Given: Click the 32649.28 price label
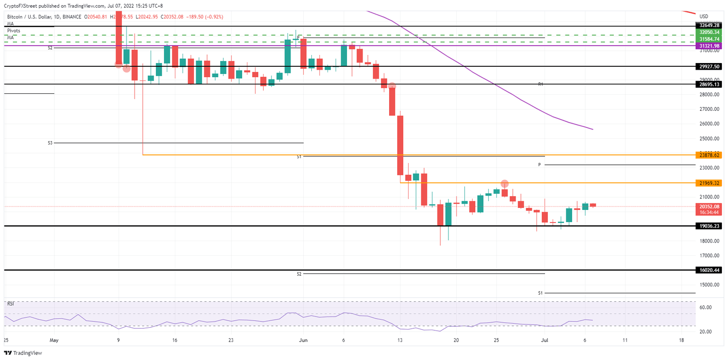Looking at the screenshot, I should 710,25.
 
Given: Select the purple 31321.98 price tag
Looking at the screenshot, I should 710,45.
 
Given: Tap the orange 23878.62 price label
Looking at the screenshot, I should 710,155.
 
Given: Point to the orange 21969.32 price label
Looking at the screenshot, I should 710,183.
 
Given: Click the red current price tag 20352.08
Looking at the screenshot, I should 710,206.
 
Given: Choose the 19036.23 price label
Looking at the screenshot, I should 710,226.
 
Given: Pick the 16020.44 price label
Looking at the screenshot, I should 710,270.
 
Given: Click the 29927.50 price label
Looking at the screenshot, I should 710,67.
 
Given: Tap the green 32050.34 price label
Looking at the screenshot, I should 710,32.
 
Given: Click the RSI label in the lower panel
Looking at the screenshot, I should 10,303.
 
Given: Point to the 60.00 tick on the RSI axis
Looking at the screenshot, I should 705,307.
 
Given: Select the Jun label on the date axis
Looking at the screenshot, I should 303,340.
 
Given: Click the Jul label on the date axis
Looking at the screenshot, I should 545,340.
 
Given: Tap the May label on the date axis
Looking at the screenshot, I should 54,340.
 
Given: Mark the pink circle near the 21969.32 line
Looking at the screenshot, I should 505,183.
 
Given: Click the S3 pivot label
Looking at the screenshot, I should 49,143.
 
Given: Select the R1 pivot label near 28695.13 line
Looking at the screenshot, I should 540,84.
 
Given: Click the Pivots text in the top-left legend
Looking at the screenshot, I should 14,30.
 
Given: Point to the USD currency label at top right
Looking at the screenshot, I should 703,17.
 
